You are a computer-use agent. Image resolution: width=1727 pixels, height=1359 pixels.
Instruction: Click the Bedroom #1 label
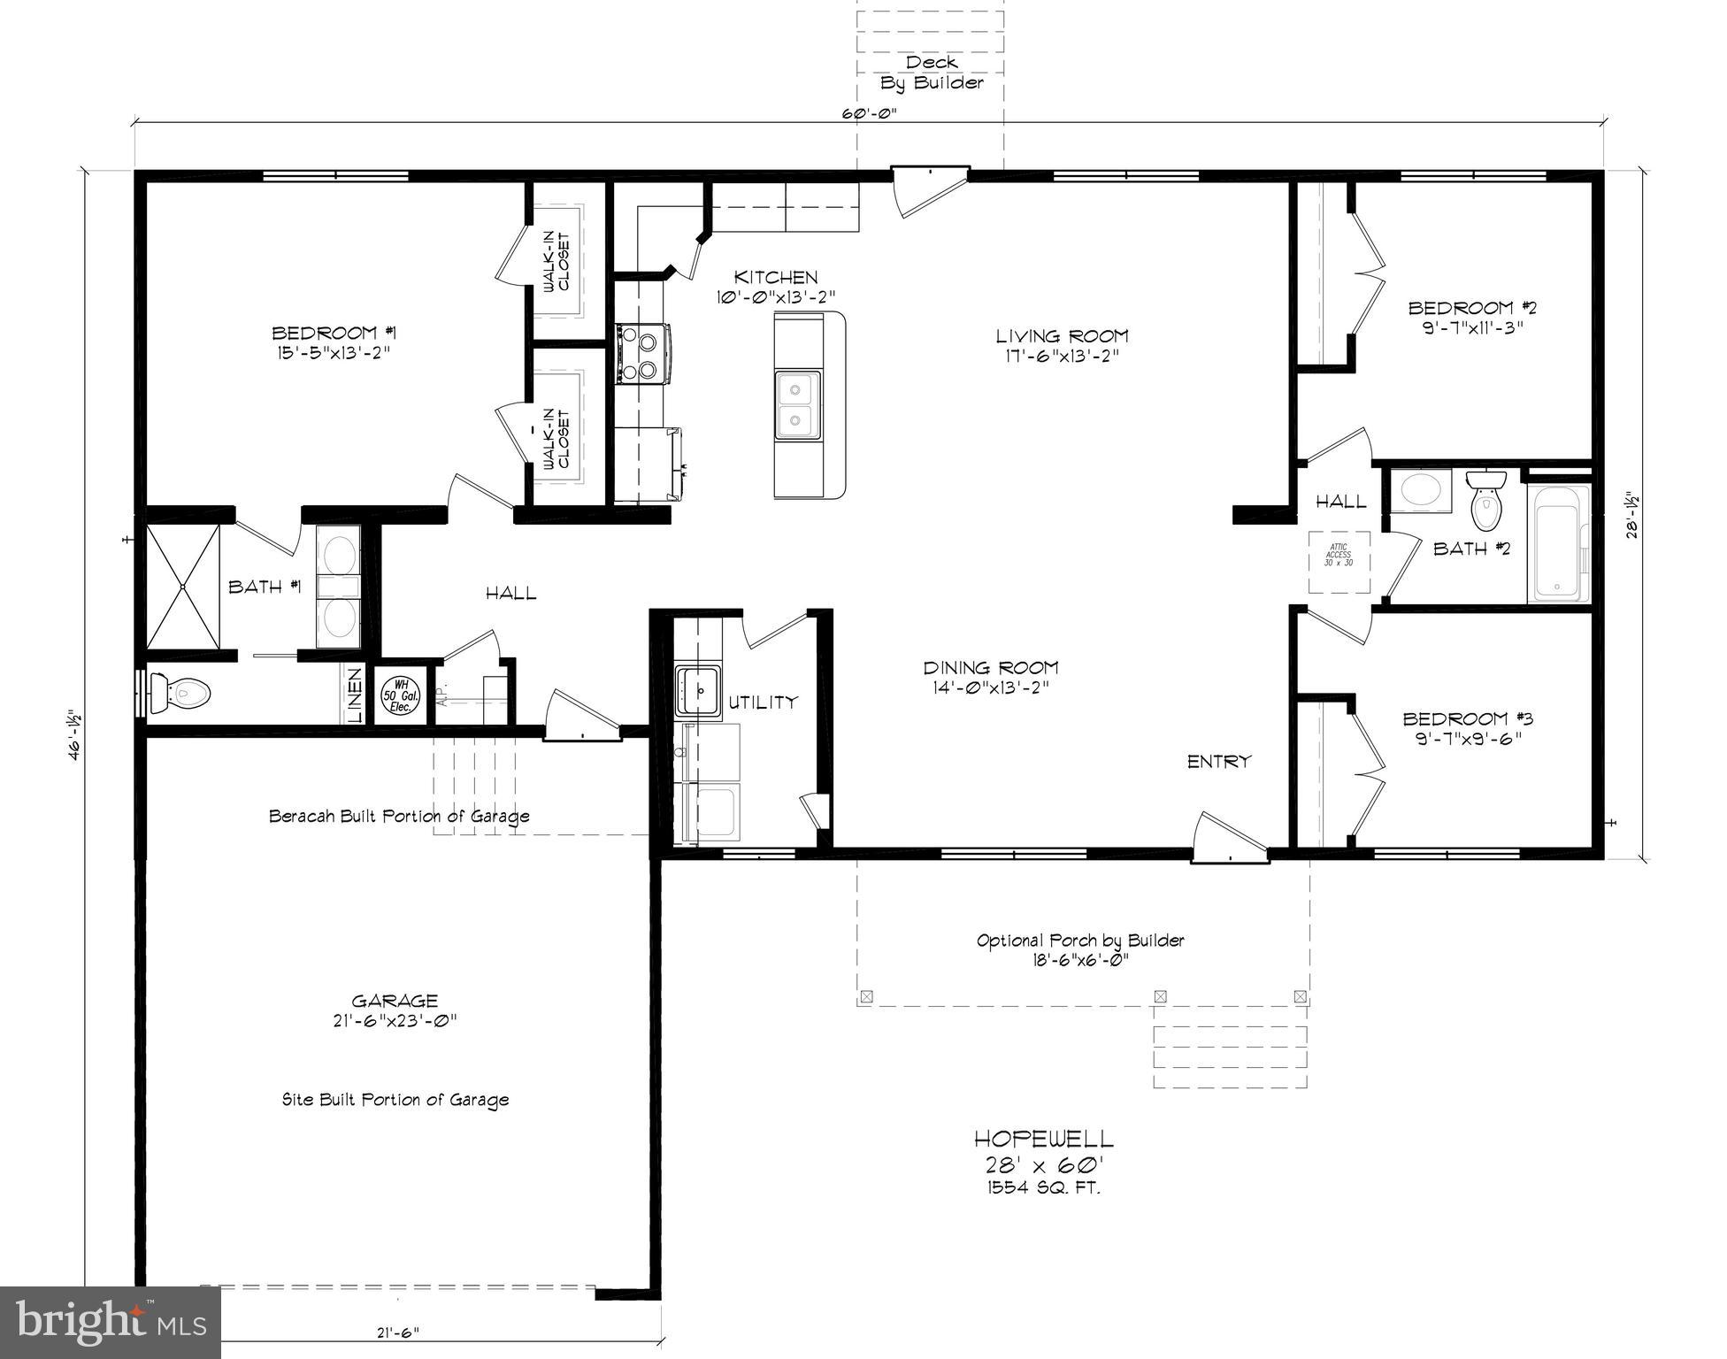(x=333, y=334)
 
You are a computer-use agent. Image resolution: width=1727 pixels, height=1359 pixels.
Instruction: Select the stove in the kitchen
(x=641, y=354)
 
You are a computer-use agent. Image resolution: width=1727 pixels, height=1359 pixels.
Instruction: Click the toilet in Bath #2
(x=1486, y=501)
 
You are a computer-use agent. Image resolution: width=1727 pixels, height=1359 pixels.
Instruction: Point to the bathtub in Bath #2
(x=1558, y=543)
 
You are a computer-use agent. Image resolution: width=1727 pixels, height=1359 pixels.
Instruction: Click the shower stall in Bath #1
(x=182, y=587)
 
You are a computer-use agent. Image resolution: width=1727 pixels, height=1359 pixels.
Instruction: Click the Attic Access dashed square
(x=1339, y=562)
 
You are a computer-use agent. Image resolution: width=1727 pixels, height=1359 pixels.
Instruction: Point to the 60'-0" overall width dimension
(x=870, y=113)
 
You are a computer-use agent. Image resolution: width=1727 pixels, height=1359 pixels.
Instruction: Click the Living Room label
(x=1062, y=336)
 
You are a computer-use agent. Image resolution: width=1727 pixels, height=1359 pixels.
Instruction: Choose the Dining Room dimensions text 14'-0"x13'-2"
(x=991, y=687)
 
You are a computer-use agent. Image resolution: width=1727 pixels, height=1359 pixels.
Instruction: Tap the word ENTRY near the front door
(x=1218, y=761)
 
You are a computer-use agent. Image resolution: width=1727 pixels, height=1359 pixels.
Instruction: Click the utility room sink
(x=698, y=690)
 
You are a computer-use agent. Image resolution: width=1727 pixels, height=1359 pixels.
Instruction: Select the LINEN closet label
(x=354, y=695)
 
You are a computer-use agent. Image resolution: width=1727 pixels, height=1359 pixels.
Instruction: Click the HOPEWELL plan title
(x=1044, y=1138)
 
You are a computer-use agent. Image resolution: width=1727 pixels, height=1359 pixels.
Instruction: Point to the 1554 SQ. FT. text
(x=1044, y=1187)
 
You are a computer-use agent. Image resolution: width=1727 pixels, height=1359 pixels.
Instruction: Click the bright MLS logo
(x=111, y=1322)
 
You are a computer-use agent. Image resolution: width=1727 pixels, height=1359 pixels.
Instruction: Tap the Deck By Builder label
(x=931, y=73)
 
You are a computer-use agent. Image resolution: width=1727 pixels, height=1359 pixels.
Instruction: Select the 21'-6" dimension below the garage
(x=395, y=1332)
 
